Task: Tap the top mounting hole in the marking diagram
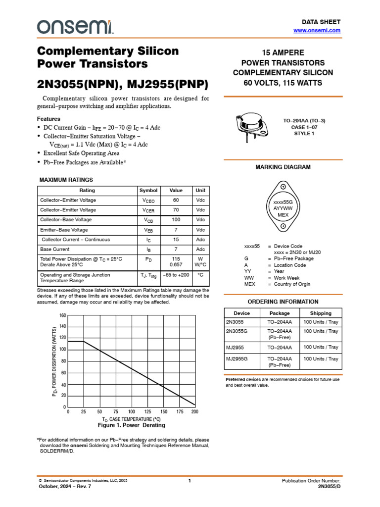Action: pyautogui.click(x=283, y=187)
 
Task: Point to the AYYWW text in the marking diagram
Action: pyautogui.click(x=283, y=208)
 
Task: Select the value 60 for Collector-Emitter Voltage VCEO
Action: pyautogui.click(x=176, y=201)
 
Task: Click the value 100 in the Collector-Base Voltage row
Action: pyautogui.click(x=176, y=220)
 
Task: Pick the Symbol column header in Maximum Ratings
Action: pyautogui.click(x=148, y=191)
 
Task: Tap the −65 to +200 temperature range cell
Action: pyautogui.click(x=176, y=275)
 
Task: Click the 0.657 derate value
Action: pyautogui.click(x=176, y=265)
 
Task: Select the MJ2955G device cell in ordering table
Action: pyautogui.click(x=237, y=359)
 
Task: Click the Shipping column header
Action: pyautogui.click(x=321, y=313)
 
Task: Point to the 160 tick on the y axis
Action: pyautogui.click(x=62, y=315)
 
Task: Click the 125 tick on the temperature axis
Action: pyautogui.click(x=147, y=412)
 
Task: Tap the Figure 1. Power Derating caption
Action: pyautogui.click(x=131, y=425)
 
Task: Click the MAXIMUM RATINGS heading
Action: pyautogui.click(x=66, y=180)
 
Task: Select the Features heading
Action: pyautogui.click(x=49, y=119)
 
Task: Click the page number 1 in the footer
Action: pyautogui.click(x=190, y=481)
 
